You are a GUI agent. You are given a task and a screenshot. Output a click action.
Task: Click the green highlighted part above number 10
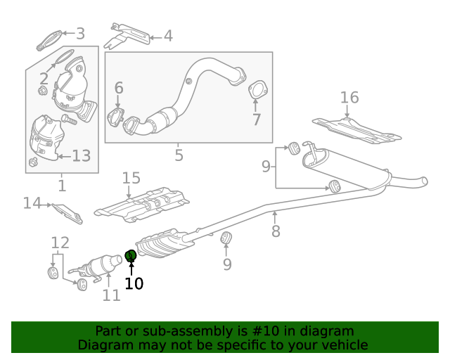pos(130,256)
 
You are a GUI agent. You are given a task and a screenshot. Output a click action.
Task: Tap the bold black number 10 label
pos(134,283)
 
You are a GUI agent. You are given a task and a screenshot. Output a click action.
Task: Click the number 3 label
pos(80,34)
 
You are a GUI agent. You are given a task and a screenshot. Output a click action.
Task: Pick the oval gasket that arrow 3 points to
pos(48,41)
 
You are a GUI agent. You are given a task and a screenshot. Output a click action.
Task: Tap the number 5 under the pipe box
pos(179,155)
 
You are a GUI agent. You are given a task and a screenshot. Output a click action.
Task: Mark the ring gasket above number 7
pos(257,91)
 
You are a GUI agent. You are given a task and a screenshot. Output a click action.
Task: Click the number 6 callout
pos(119,88)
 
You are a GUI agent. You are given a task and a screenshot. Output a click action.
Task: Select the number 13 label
pos(82,155)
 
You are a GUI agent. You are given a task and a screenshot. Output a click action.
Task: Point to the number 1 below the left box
pos(62,186)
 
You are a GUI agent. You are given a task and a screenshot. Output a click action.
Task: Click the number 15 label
pos(131,179)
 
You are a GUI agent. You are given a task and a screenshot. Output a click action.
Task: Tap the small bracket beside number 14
pos(68,212)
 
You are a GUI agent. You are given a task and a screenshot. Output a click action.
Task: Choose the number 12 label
pos(60,243)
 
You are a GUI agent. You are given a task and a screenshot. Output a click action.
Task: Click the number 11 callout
pos(111,295)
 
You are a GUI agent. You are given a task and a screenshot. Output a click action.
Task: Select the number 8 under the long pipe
pos(276,231)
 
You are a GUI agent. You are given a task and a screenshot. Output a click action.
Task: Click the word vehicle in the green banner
pos(341,345)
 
